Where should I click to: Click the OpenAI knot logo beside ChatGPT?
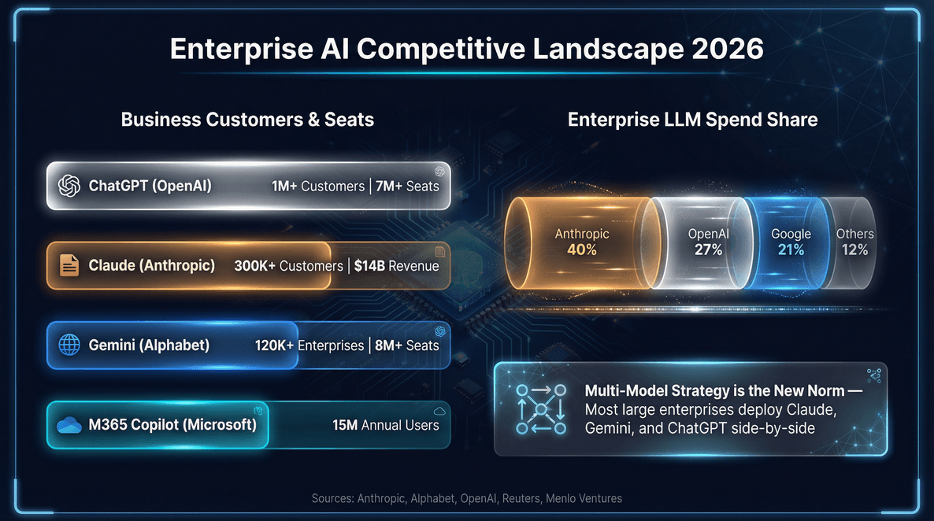(x=69, y=187)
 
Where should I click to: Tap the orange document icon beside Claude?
(x=69, y=266)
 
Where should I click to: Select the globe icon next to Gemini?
(x=69, y=345)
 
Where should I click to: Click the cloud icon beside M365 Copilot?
(x=69, y=425)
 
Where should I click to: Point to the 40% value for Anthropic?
(x=581, y=250)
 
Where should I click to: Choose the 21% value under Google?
(x=791, y=250)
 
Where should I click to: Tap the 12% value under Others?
(x=854, y=250)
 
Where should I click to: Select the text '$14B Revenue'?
(x=396, y=266)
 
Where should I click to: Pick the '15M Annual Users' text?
(x=385, y=425)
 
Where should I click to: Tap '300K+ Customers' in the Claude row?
(x=288, y=266)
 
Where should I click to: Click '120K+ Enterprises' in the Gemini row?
(x=309, y=345)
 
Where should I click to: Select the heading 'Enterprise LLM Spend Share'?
(x=692, y=120)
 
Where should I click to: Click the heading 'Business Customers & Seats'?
(x=247, y=120)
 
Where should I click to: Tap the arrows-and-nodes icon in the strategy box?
(x=540, y=409)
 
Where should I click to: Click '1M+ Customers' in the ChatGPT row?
(x=318, y=187)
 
